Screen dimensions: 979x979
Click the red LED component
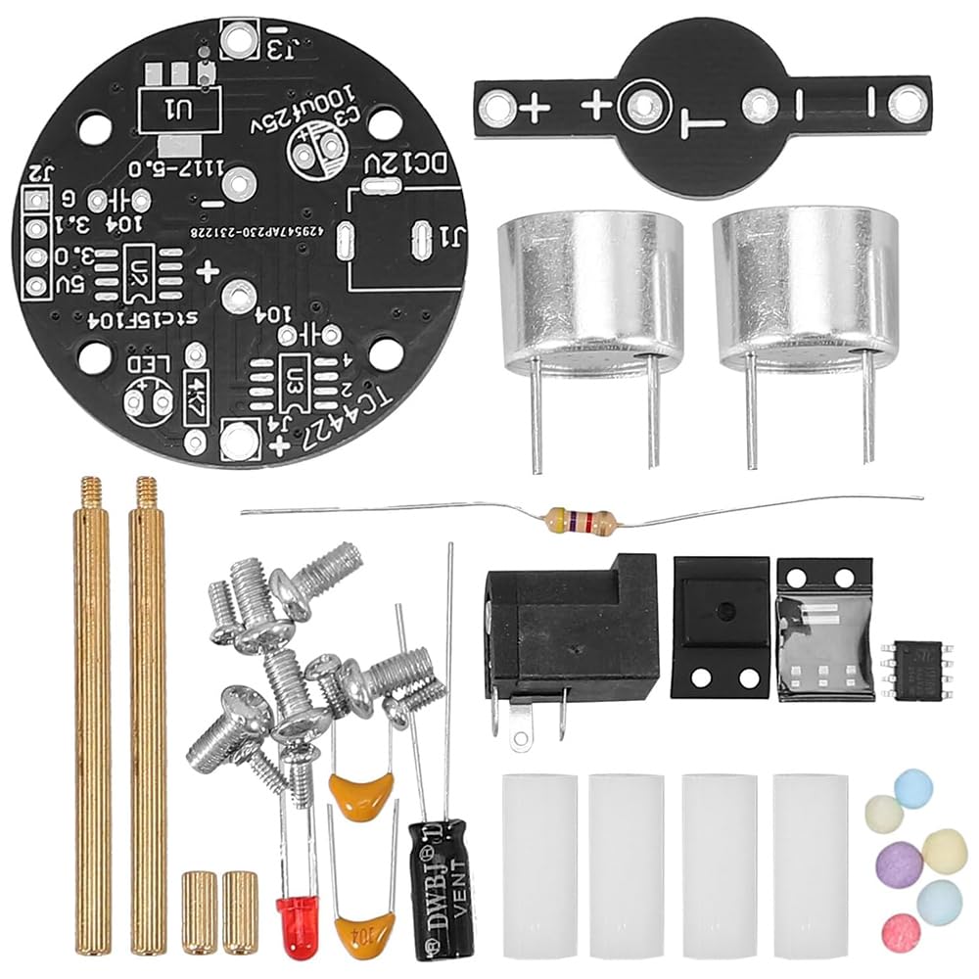point(294,916)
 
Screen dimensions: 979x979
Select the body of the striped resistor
point(581,521)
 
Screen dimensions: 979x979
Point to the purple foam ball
point(899,864)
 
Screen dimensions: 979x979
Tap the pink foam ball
point(901,930)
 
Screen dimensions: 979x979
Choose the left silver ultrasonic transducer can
point(577,294)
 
